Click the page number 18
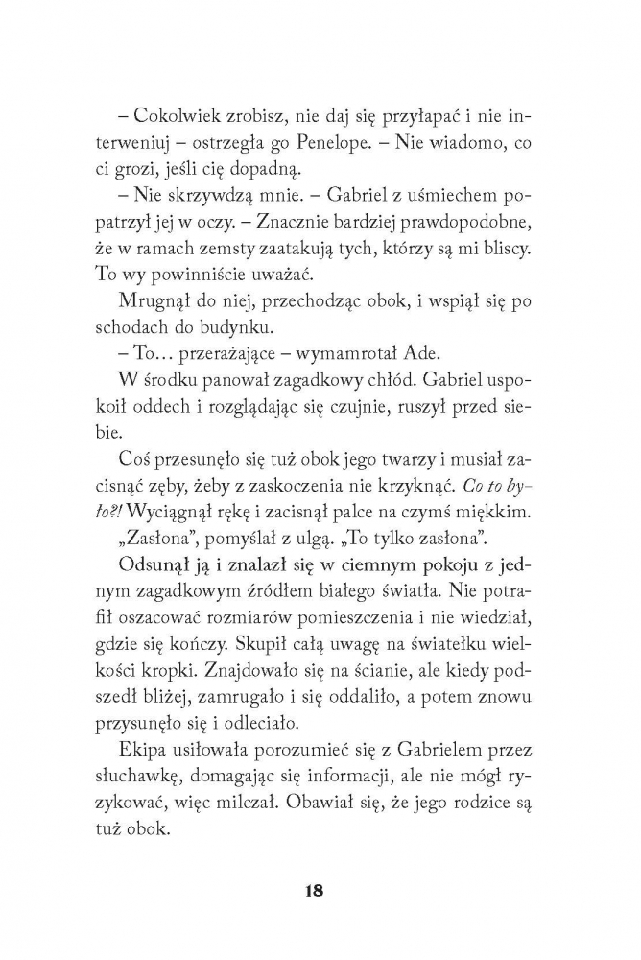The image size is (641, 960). (313, 890)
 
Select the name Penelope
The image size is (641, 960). (416, 144)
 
